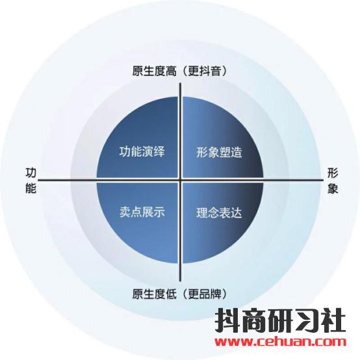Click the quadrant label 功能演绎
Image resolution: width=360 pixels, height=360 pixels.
(142, 152)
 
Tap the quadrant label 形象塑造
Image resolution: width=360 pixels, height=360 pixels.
(219, 152)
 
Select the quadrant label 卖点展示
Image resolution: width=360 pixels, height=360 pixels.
(142, 212)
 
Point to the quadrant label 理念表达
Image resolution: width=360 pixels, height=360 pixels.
(219, 212)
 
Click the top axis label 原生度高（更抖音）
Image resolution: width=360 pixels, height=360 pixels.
(180, 71)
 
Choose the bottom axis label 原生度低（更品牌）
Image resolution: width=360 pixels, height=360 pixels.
(180, 294)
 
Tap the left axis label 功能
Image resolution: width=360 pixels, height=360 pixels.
(31, 181)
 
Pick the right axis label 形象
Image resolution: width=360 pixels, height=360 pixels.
(333, 181)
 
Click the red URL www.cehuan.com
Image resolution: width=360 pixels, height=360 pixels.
(280, 342)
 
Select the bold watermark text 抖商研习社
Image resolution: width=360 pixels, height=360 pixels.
(280, 320)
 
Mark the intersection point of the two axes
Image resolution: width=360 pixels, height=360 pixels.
(181, 180)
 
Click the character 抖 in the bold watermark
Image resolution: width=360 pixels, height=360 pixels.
(227, 320)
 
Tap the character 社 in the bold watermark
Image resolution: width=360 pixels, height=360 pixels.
(333, 320)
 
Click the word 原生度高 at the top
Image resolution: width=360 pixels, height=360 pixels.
(154, 71)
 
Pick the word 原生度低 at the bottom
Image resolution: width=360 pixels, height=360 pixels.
(154, 294)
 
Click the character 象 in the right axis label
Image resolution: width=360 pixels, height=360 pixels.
(333, 188)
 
